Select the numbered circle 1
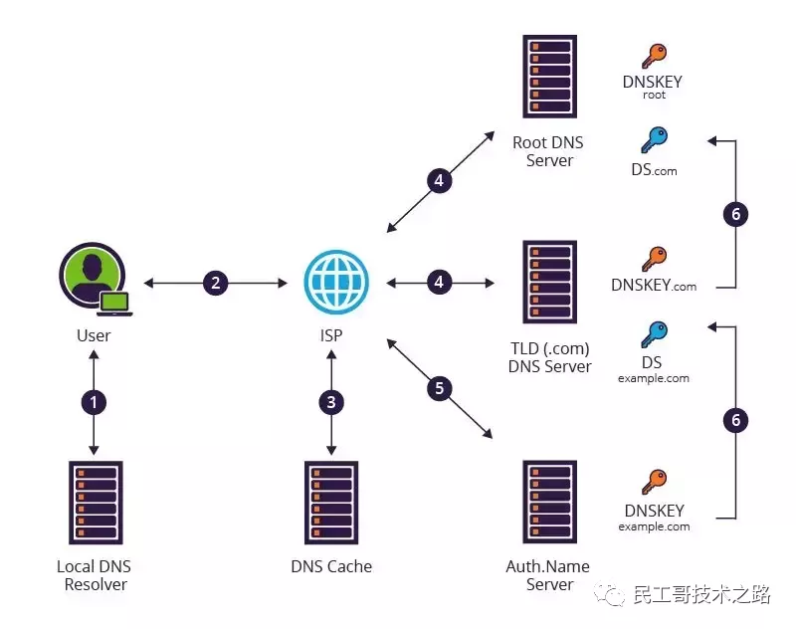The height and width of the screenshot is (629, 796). pos(95,403)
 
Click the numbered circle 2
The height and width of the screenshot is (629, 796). pos(215,284)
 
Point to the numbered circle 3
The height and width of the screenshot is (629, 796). pos(331,403)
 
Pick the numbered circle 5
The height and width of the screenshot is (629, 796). pos(439,388)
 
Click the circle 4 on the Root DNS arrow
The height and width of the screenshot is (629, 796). pos(439,180)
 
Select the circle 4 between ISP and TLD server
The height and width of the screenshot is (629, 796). pos(439,284)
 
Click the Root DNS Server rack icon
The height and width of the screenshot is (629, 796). pos(549,77)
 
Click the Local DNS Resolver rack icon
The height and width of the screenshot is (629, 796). pos(95,503)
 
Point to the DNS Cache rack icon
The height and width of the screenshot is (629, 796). pos(331,503)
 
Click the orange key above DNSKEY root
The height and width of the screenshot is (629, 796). pos(653,56)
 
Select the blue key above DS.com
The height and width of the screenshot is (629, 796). pos(653,139)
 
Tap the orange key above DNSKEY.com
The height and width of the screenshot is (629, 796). pos(653,259)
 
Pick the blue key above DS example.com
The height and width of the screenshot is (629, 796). pos(653,334)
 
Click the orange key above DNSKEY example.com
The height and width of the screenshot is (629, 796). pos(653,483)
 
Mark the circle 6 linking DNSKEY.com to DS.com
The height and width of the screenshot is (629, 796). pos(736,214)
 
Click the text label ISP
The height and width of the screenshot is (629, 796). pos(331,335)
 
